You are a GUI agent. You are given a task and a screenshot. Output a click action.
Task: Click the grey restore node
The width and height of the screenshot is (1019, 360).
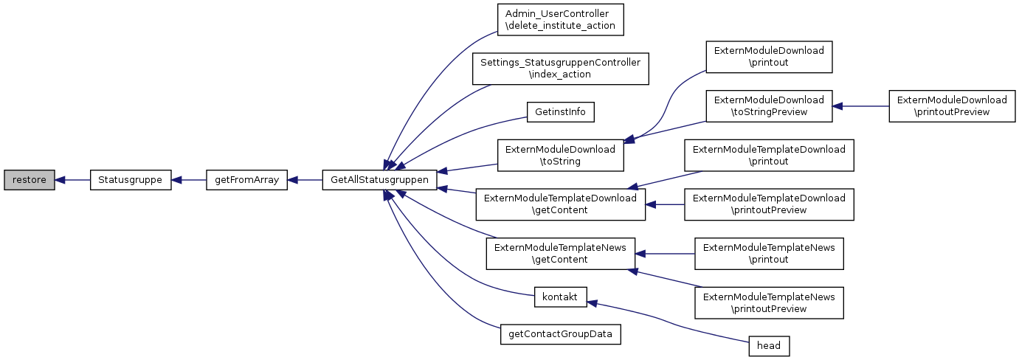pyautogui.click(x=29, y=180)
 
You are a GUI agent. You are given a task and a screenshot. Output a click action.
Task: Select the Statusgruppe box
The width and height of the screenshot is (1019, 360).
pyautogui.click(x=131, y=180)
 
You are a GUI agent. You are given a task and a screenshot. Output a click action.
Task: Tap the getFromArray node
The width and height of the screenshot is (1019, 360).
pyautogui.click(x=246, y=180)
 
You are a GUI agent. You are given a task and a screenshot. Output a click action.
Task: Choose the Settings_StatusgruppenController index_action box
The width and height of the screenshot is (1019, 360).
pyautogui.click(x=560, y=69)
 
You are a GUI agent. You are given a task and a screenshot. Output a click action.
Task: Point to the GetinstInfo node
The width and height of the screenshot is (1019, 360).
pyautogui.click(x=560, y=111)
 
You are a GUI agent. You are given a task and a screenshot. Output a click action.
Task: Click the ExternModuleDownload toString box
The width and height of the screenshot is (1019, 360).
pyautogui.click(x=560, y=155)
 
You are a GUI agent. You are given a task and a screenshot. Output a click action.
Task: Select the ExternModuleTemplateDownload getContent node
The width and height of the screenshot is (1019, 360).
pyautogui.click(x=560, y=204)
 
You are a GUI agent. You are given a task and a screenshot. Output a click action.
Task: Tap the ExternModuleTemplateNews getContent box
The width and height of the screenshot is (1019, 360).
pyautogui.click(x=560, y=254)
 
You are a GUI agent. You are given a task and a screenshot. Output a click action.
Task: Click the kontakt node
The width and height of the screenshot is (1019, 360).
pyautogui.click(x=560, y=297)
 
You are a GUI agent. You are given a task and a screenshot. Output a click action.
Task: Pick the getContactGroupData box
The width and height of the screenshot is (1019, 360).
pyautogui.click(x=560, y=334)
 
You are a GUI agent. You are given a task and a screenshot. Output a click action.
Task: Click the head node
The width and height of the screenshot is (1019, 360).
pyautogui.click(x=769, y=345)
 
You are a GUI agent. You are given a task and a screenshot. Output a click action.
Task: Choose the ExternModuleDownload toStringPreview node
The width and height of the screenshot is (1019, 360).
pyautogui.click(x=769, y=105)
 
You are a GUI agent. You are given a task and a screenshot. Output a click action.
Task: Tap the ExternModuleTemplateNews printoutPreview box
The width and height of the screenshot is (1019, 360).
pyautogui.click(x=769, y=303)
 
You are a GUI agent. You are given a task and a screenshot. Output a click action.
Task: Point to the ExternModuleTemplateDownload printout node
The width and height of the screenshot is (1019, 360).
pyautogui.click(x=769, y=155)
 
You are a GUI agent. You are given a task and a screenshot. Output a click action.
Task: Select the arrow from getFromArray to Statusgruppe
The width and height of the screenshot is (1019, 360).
pyautogui.click(x=188, y=180)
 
